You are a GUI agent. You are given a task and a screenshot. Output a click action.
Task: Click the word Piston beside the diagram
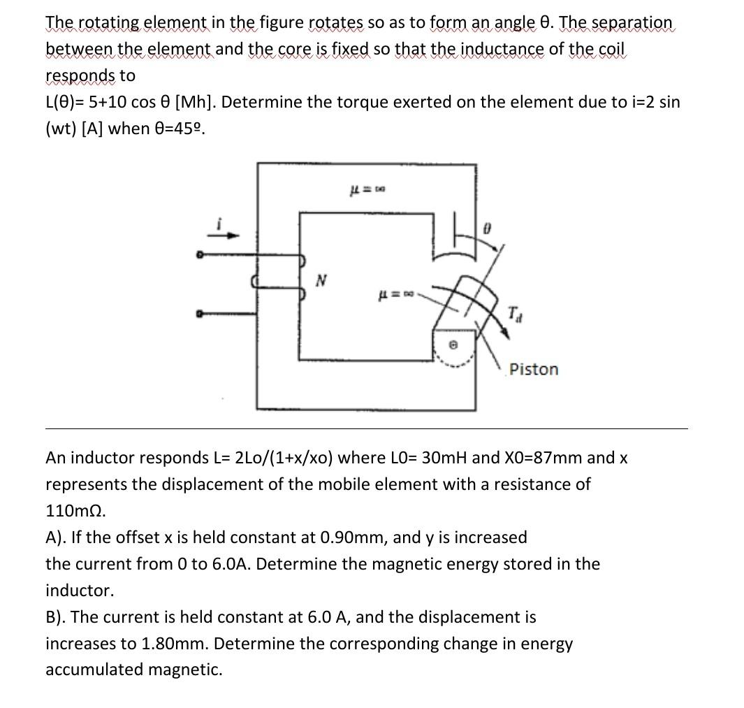(534, 369)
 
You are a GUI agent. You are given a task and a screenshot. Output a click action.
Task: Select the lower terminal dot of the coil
(199, 315)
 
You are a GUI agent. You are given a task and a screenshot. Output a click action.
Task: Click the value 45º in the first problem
(185, 129)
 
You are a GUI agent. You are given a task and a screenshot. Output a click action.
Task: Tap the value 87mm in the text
(554, 458)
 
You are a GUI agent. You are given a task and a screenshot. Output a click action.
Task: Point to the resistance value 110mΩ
(75, 511)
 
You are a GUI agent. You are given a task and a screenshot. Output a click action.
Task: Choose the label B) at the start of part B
(56, 617)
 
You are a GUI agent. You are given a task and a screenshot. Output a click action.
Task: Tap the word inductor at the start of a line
(79, 591)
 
